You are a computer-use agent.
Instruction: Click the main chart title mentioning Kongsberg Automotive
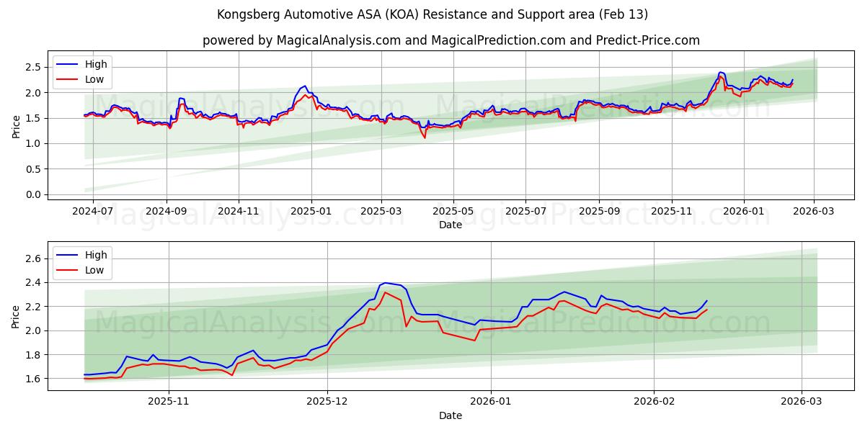coord(432,14)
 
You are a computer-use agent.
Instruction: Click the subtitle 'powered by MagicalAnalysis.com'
coord(451,40)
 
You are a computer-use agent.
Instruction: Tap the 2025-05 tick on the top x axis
coord(453,212)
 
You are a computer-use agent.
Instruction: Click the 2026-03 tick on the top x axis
coord(814,212)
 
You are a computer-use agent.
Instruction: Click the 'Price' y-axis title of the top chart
coord(16,127)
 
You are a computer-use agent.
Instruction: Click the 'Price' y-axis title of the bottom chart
coord(16,318)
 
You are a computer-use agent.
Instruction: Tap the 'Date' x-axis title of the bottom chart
coord(451,416)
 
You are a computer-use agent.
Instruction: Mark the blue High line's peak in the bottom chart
coord(385,283)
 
